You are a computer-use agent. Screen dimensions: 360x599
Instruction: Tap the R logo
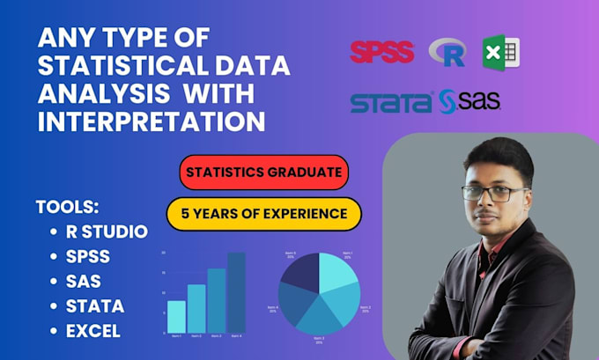(447, 54)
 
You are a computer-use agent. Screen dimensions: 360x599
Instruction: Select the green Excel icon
(499, 53)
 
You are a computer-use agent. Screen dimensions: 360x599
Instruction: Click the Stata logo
(391, 102)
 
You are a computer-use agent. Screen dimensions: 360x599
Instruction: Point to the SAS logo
(470, 102)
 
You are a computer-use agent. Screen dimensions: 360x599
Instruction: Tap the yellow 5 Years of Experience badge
(264, 212)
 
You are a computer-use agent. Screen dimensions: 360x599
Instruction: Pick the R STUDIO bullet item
(107, 231)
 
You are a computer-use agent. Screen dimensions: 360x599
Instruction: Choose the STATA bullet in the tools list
(95, 306)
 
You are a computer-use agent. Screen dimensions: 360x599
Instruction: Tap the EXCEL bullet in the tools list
(93, 332)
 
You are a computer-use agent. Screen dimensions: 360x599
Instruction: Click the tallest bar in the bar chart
(237, 292)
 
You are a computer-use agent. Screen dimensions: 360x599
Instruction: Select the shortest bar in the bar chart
(176, 316)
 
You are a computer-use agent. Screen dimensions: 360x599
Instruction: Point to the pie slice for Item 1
(337, 273)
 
